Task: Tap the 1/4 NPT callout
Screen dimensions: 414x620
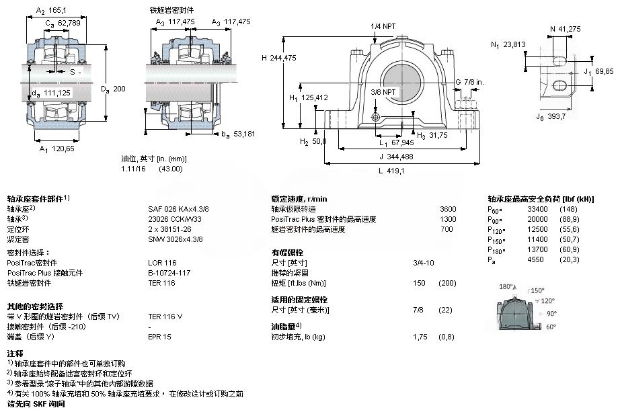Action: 384,26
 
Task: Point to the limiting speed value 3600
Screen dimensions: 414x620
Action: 447,209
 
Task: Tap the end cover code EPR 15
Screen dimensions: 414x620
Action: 159,336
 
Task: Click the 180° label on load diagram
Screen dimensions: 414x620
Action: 507,286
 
